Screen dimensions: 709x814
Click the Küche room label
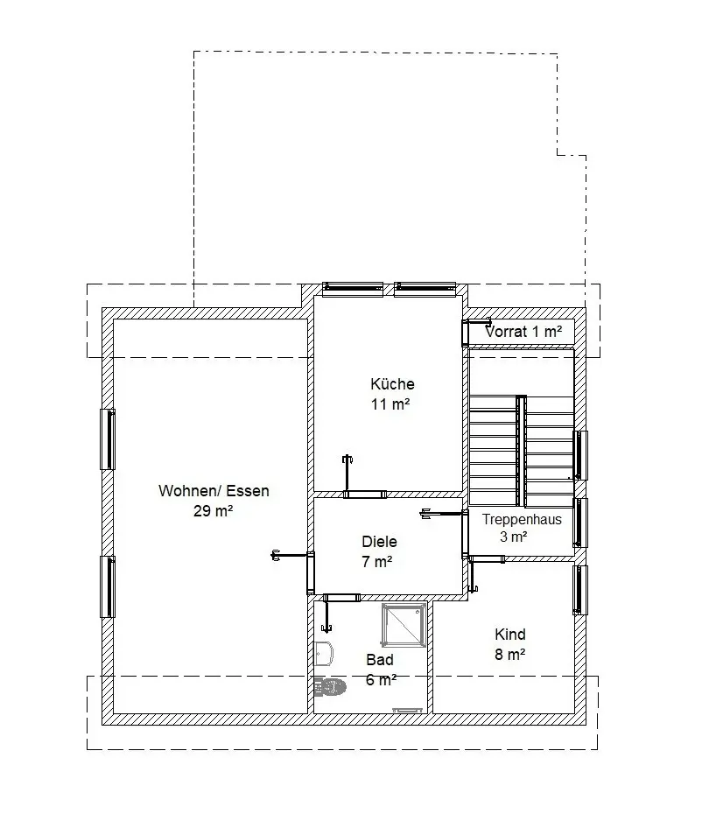[392, 384]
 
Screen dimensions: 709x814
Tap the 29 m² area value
[213, 511]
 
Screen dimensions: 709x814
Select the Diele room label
[379, 542]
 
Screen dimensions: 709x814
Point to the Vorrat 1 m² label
[523, 332]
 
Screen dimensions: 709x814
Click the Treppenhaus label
[522, 519]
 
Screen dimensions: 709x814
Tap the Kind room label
[510, 635]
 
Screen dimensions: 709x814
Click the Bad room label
[379, 660]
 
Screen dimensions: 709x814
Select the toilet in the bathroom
[330, 687]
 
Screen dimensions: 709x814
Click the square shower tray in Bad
[404, 625]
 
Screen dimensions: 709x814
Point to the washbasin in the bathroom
[324, 654]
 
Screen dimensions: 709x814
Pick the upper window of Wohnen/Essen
[108, 439]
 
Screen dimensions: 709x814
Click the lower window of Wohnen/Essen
[108, 586]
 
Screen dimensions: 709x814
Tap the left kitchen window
[353, 289]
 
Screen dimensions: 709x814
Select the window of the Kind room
[580, 590]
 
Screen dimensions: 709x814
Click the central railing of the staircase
[521, 451]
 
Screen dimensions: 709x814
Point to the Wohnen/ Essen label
[214, 490]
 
